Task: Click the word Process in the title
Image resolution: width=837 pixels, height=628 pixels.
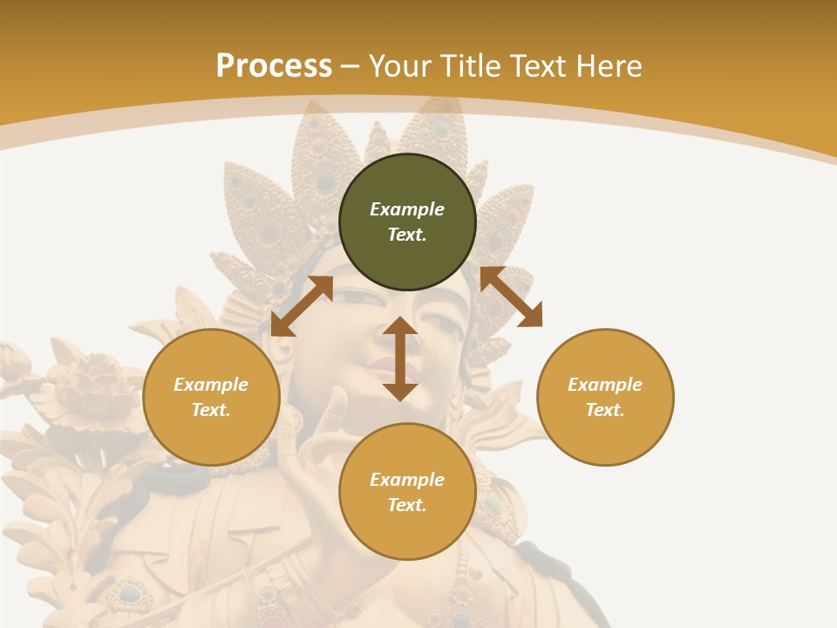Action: [274, 66]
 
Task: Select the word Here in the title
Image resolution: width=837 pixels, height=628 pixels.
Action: [609, 66]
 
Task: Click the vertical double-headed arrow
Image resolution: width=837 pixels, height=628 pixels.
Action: [400, 358]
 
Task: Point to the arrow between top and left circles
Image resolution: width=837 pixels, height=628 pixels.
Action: [302, 305]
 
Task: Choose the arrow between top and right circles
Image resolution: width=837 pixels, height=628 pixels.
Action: [511, 297]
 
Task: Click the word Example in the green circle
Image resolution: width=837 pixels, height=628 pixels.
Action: [407, 209]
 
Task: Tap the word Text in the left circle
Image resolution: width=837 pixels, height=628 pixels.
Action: [210, 410]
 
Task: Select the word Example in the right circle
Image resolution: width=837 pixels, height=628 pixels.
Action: [605, 385]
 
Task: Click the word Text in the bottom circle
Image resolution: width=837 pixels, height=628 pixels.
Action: [406, 505]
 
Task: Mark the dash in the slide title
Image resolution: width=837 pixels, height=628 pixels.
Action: [350, 66]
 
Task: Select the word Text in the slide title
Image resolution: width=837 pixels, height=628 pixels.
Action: [540, 66]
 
